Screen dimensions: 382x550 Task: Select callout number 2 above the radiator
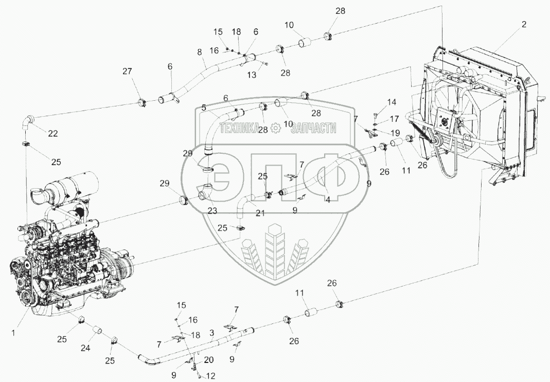click(524, 24)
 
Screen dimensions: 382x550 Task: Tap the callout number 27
click(127, 72)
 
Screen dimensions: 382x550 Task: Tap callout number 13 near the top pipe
click(251, 75)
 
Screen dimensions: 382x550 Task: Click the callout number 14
click(392, 102)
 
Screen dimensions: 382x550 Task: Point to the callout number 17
click(394, 118)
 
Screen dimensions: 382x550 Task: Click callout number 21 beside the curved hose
click(260, 213)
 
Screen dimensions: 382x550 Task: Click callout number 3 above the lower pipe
click(211, 334)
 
